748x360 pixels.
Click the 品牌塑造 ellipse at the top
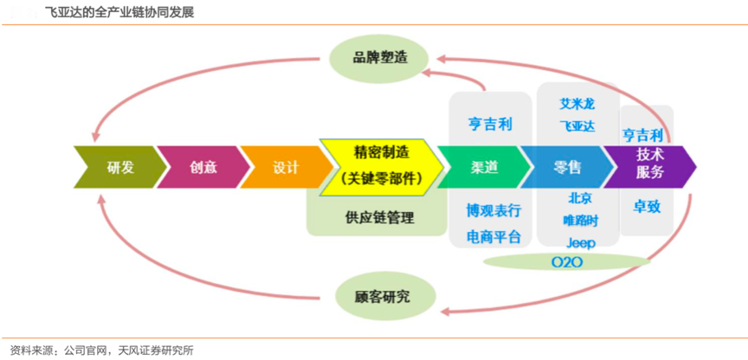click(379, 59)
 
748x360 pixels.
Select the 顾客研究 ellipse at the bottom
click(382, 297)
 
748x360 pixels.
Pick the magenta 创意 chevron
click(203, 168)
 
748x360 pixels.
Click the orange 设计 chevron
click(284, 168)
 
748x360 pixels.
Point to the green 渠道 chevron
click(481, 168)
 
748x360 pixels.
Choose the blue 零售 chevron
click(568, 168)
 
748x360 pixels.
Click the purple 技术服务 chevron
click(651, 164)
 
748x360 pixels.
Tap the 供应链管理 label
click(379, 217)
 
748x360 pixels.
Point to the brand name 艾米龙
click(577, 104)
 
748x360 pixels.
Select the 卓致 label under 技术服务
click(647, 207)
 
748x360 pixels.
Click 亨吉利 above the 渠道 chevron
click(490, 125)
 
